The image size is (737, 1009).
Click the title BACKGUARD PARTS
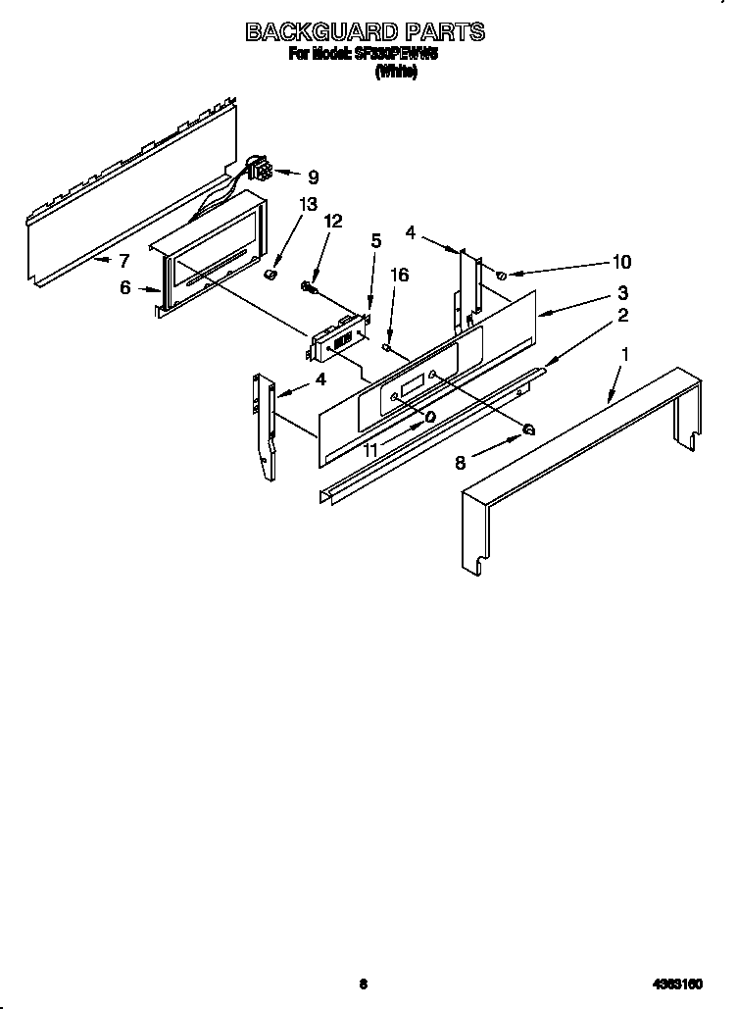[x=365, y=32]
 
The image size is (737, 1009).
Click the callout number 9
[x=313, y=177]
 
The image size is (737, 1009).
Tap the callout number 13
[x=308, y=204]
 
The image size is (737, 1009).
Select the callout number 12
[x=333, y=221]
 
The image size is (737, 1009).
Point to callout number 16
[x=375, y=239]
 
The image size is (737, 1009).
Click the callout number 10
[x=621, y=262]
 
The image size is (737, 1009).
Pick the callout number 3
[x=621, y=292]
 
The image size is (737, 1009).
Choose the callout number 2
[x=621, y=316]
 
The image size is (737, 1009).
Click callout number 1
[x=626, y=351]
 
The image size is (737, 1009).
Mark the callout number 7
[x=123, y=261]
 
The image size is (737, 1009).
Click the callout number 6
[x=125, y=289]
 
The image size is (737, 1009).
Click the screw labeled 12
[x=308, y=287]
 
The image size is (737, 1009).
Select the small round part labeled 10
[x=502, y=276]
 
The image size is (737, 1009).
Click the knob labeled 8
[x=528, y=428]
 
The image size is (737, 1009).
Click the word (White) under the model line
[x=396, y=72]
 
